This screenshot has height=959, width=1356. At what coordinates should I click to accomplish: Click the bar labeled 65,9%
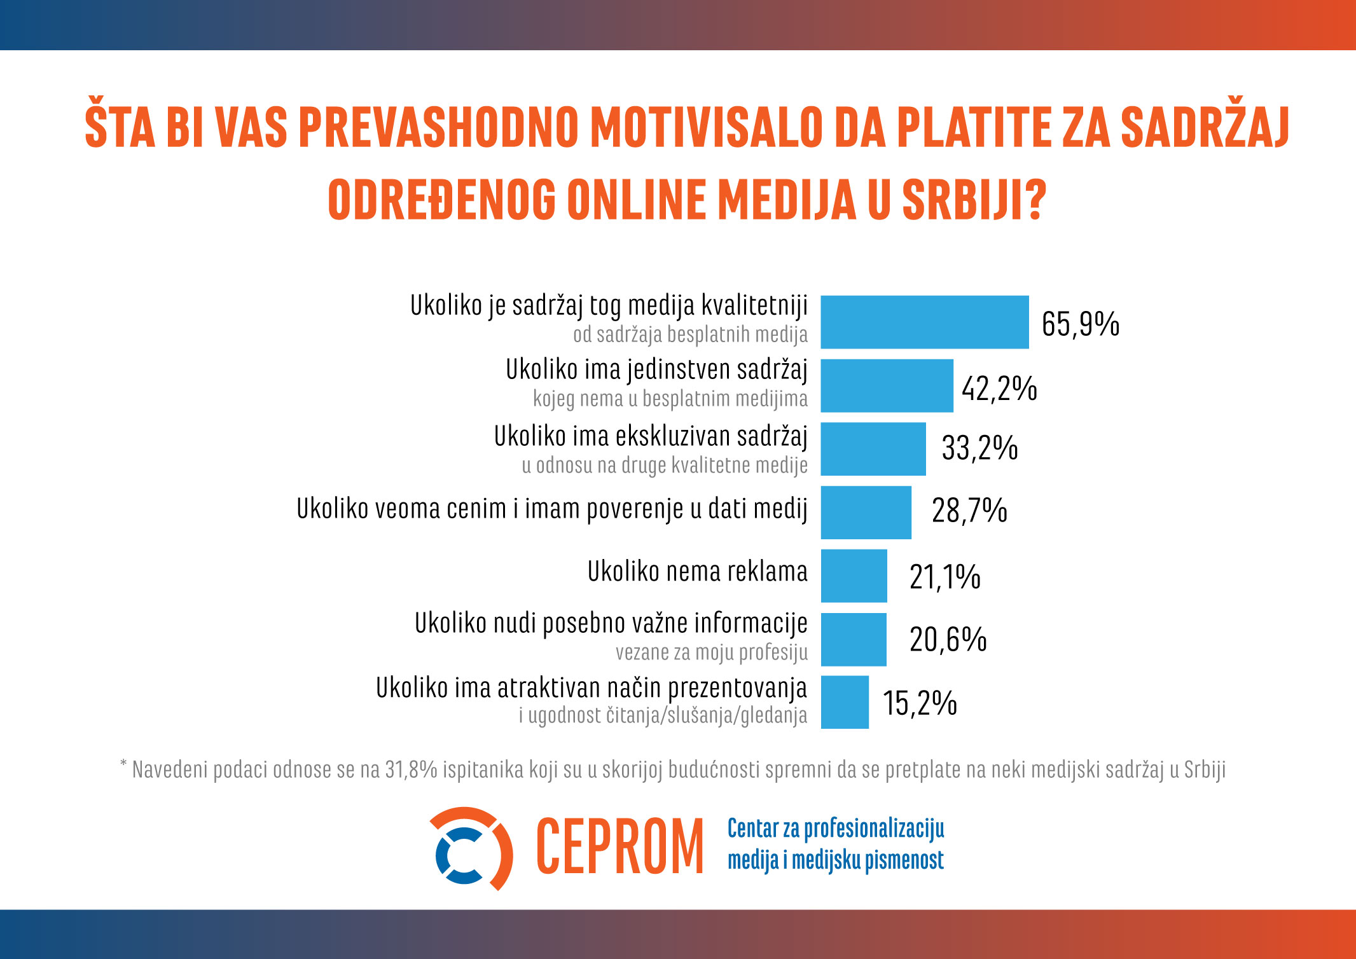coord(924,322)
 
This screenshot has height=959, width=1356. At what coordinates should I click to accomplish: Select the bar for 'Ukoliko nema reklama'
coord(854,576)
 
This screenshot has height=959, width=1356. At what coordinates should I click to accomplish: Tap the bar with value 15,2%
coord(845,702)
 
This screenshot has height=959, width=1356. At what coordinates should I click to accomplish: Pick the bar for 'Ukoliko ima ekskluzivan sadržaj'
coord(873,449)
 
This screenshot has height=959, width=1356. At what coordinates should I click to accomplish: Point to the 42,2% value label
coord(999,388)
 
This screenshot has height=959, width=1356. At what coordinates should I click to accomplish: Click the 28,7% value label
coord(969,510)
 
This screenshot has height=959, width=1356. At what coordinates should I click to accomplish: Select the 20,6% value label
coord(948,639)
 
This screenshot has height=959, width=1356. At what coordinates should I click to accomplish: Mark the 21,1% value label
coord(944,577)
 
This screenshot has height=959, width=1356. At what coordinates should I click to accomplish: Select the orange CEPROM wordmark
coord(620,846)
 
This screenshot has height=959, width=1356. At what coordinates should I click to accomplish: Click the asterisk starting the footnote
coord(123,764)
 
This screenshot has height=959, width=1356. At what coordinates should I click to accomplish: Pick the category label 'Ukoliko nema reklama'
coord(697,572)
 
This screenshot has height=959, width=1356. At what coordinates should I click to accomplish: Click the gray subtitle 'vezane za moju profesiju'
coord(711,652)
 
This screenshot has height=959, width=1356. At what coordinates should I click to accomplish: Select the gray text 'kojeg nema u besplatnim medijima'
coord(670,399)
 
